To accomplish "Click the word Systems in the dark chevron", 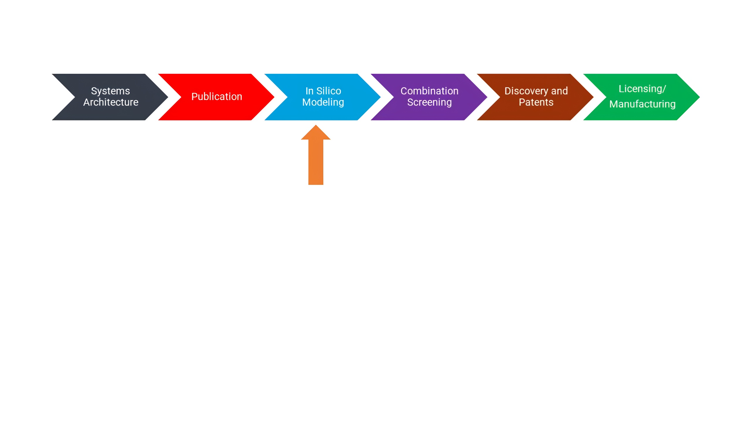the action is (x=110, y=91).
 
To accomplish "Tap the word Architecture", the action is (x=111, y=102).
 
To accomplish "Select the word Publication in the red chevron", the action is (x=217, y=96).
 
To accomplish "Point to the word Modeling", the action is (x=323, y=103).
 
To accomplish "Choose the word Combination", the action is (x=429, y=91).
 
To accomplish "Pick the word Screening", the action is (x=429, y=103).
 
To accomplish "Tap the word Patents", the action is (x=536, y=102).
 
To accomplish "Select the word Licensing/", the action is (x=642, y=89).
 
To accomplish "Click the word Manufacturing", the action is (x=642, y=104).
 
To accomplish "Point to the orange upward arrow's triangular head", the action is (x=316, y=132).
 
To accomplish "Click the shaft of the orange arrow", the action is (x=316, y=162).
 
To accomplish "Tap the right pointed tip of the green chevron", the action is (x=700, y=97).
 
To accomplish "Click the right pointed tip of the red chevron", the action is (x=274, y=97).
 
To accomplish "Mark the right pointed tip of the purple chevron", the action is (x=487, y=97).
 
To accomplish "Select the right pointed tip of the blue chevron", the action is (x=380, y=97).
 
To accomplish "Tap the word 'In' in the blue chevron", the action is (x=309, y=91).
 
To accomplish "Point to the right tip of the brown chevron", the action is (x=593, y=97).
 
